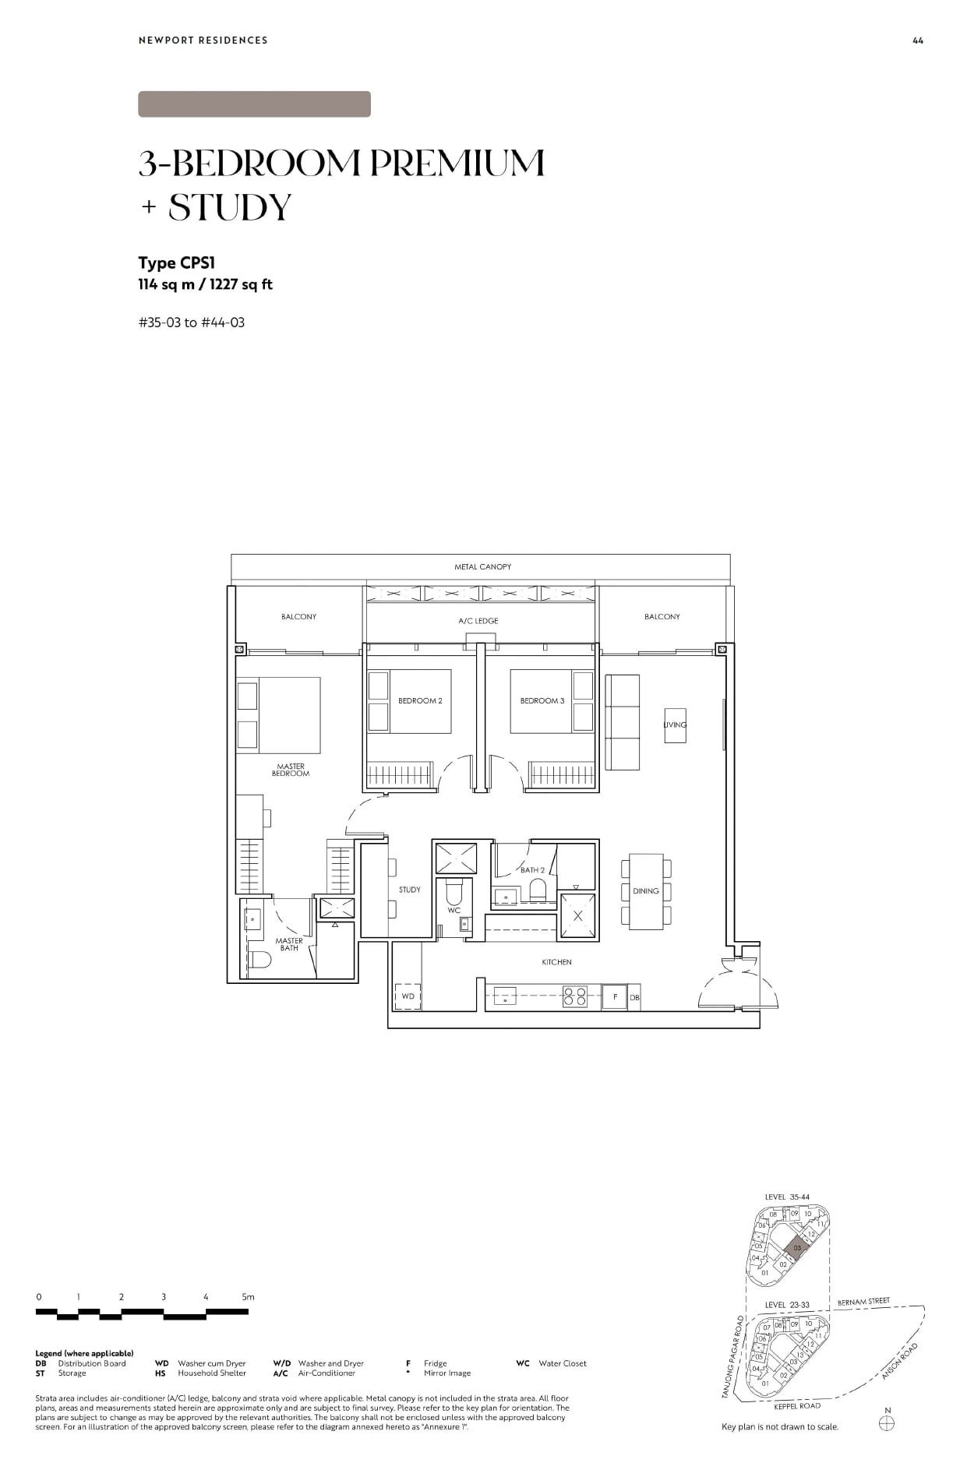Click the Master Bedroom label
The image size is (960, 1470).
click(291, 770)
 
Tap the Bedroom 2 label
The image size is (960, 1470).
click(420, 700)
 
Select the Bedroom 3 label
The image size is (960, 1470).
click(542, 700)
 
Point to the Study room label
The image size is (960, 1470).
click(409, 890)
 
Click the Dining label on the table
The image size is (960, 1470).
click(645, 890)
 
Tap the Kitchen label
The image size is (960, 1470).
click(556, 962)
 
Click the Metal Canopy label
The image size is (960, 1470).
click(482, 566)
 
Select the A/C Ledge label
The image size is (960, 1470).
click(478, 621)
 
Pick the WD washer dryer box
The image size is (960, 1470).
click(408, 996)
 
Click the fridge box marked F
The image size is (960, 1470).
click(615, 997)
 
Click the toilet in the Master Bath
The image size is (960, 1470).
click(261, 961)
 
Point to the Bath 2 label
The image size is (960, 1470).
click(532, 869)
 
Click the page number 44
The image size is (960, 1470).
click(917, 41)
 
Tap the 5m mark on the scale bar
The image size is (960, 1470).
click(248, 1297)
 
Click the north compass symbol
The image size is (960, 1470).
click(886, 1423)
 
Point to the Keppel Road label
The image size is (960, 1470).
click(797, 1406)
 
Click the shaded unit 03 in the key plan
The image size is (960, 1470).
click(796, 1248)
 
